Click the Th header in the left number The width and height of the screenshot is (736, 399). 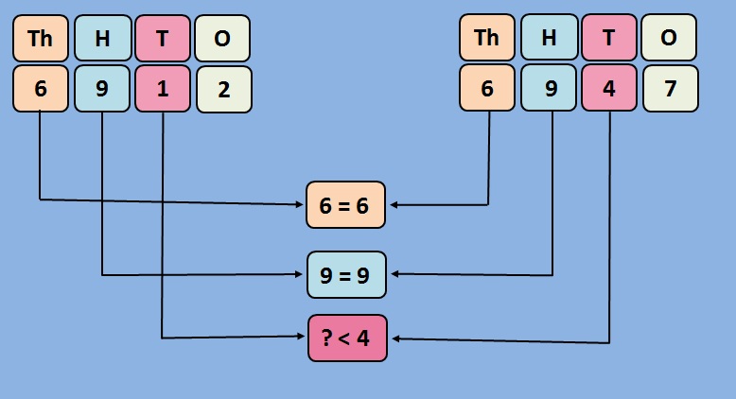[41, 39]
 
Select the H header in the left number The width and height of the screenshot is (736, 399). [102, 39]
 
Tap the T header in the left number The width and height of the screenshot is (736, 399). [163, 39]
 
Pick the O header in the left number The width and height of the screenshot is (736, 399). [223, 39]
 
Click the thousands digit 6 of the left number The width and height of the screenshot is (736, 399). [41, 89]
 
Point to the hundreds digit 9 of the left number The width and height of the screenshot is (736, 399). [102, 89]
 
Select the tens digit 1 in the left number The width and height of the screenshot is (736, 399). [163, 89]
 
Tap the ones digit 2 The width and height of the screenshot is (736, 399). [223, 90]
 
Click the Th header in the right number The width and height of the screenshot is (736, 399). [487, 38]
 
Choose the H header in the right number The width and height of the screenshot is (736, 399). [549, 38]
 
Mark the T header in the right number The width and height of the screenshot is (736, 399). [609, 38]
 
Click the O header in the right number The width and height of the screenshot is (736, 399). [669, 38]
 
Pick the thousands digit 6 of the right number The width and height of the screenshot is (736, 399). [487, 89]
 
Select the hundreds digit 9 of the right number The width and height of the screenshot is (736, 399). [549, 89]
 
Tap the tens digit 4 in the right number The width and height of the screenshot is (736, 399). [609, 89]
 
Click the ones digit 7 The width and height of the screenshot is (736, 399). [670, 90]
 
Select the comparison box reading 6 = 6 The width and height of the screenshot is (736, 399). [346, 204]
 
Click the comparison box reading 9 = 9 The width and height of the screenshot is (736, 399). [346, 275]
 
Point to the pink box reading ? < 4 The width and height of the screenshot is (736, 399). [347, 338]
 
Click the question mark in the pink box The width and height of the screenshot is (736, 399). [326, 338]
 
